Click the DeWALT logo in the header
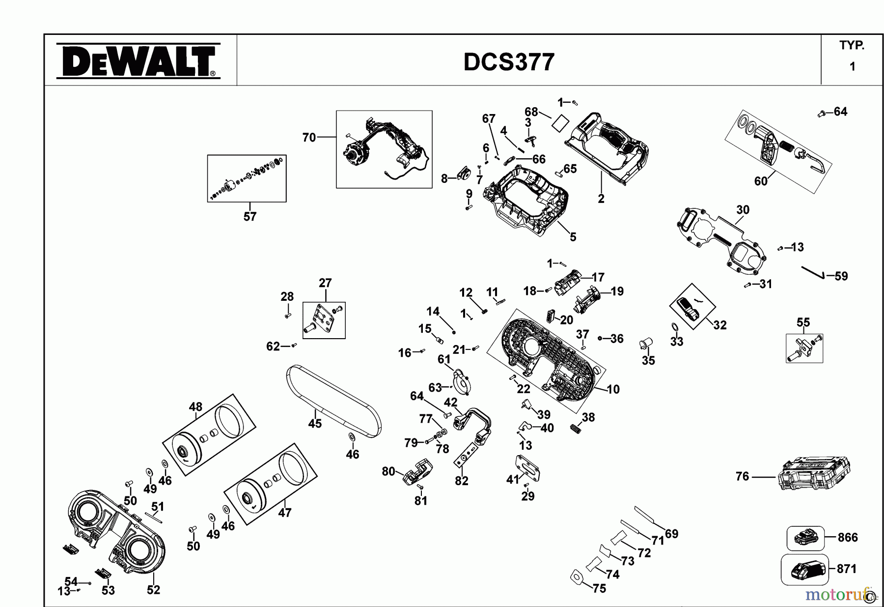(x=138, y=61)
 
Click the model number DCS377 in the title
(x=509, y=62)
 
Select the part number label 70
(x=309, y=138)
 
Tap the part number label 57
(x=249, y=217)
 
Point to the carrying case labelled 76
(x=814, y=474)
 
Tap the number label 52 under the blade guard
(x=153, y=590)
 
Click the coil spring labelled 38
(x=575, y=428)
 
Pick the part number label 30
(x=743, y=210)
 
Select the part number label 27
(x=325, y=283)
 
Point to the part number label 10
(x=613, y=390)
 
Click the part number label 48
(x=195, y=407)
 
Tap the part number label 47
(x=284, y=513)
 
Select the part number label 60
(x=760, y=181)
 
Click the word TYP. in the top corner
(x=852, y=46)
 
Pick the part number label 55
(x=803, y=322)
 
